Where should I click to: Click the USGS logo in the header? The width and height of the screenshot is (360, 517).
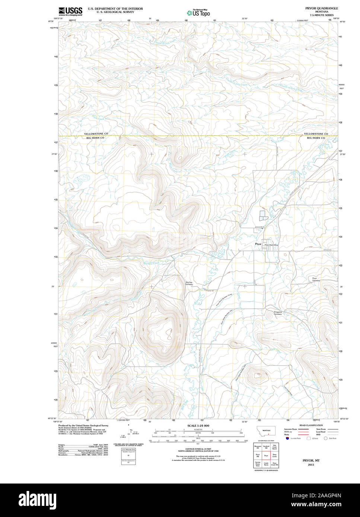click(70, 11)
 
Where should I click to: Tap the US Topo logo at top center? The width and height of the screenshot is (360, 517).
click(199, 13)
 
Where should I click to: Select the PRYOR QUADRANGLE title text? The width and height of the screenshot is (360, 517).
click(322, 8)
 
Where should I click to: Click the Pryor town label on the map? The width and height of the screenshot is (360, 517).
click(258, 244)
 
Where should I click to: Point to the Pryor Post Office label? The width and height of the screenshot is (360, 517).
click(271, 245)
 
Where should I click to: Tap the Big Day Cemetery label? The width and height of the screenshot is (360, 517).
click(189, 283)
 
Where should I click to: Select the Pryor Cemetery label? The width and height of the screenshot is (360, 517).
click(316, 279)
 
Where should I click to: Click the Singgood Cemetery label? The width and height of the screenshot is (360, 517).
click(278, 313)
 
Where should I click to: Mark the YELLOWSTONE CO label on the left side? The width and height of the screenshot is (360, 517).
click(96, 134)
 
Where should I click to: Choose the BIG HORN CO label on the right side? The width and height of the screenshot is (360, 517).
click(316, 138)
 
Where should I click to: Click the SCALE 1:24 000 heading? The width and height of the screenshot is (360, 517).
click(198, 426)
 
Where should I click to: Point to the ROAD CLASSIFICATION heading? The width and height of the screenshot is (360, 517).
click(311, 425)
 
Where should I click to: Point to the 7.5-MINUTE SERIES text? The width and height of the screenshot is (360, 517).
click(322, 15)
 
